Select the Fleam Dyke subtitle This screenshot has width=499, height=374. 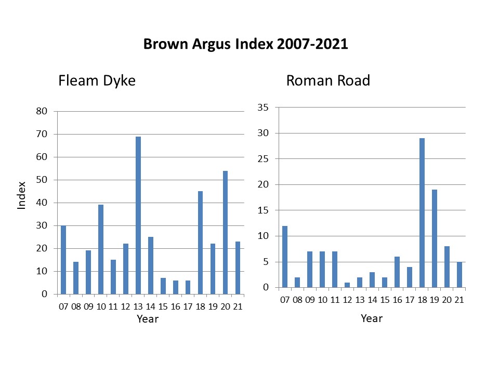point(97,81)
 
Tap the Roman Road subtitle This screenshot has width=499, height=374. point(328,81)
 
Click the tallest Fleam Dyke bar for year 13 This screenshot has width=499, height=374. point(138,215)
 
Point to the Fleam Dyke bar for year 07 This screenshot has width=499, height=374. point(63,260)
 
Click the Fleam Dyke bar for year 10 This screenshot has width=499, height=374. point(101,249)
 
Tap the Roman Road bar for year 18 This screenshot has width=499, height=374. point(422,213)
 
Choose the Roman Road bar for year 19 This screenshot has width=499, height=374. point(434,238)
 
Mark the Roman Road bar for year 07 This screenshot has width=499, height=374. point(284,257)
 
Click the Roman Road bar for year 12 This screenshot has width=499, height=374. point(347,285)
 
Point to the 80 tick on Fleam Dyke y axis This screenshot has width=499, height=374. point(42,111)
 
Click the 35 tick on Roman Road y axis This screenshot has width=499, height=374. point(264,108)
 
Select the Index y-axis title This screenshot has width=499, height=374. point(22,195)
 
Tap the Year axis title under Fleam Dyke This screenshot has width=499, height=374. point(147,319)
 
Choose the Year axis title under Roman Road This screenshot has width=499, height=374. point(372,318)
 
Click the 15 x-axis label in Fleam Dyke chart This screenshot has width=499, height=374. point(163,306)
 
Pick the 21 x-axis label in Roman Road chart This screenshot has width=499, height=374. point(459,300)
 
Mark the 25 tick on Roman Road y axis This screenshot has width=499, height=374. point(264,159)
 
